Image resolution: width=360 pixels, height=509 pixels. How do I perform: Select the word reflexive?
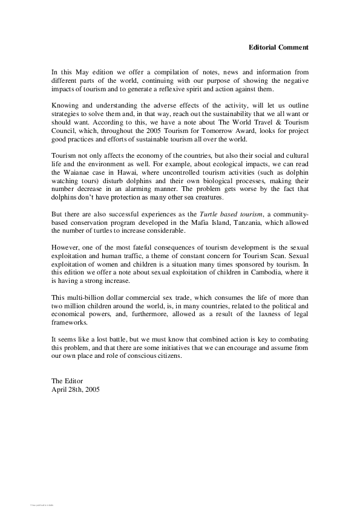click(x=188, y=88)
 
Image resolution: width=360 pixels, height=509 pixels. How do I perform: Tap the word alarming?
click(x=144, y=189)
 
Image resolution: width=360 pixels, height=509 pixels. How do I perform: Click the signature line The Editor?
click(x=67, y=381)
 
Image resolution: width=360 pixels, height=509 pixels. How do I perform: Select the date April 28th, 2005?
click(x=76, y=389)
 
